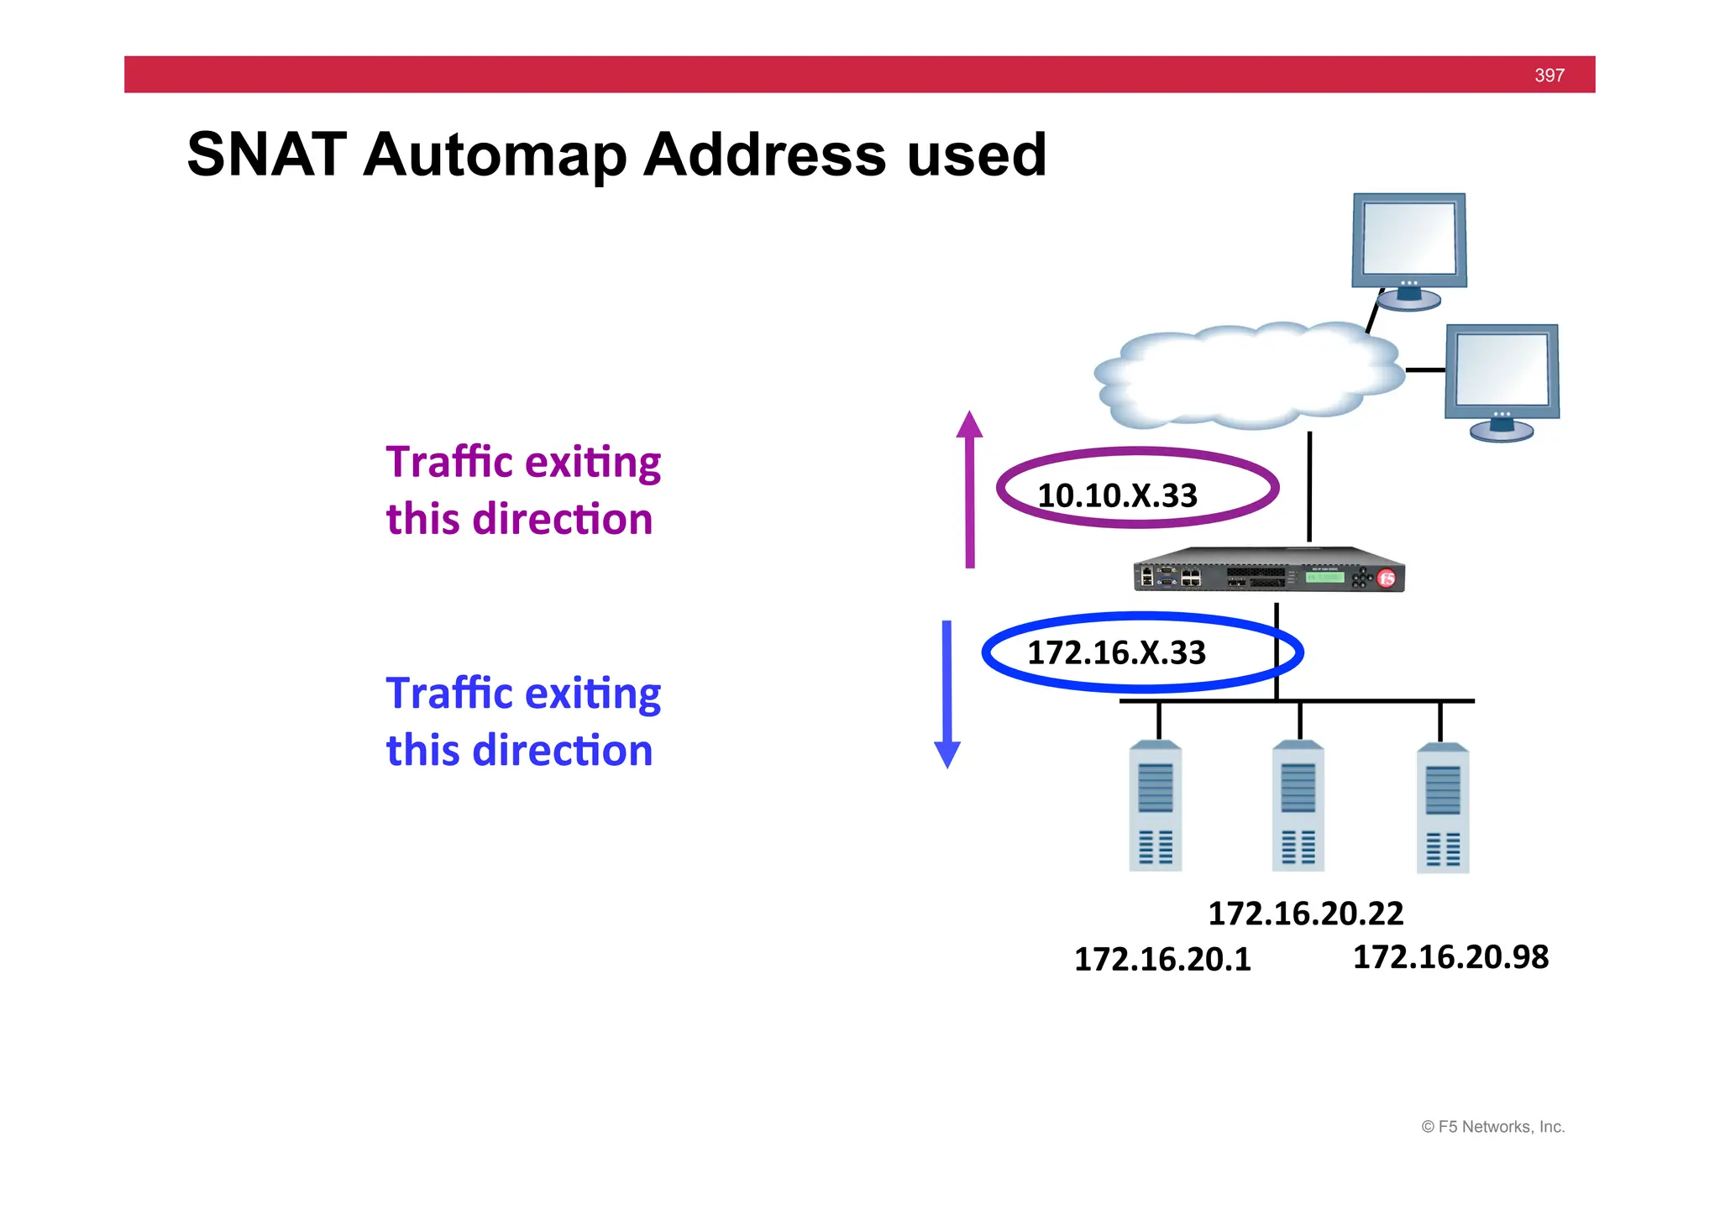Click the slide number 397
click(1549, 76)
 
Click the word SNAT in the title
click(266, 155)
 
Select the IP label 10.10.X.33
click(1117, 495)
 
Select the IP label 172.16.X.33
click(1116, 652)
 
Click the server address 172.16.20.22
click(1305, 914)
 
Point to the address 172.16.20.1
click(1162, 959)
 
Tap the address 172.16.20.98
click(1450, 957)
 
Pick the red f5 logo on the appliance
click(1387, 578)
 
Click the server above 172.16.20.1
click(1156, 806)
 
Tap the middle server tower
click(1298, 806)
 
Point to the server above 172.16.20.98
click(1443, 808)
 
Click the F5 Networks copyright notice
click(1492, 1127)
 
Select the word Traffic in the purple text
click(449, 463)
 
